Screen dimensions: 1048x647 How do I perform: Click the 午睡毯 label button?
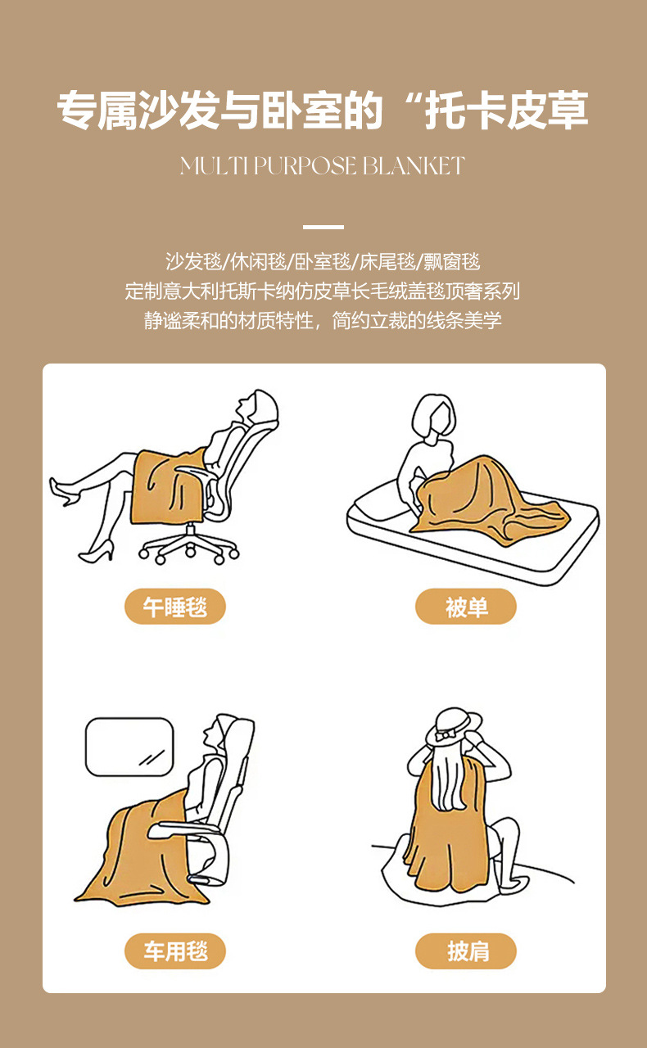(174, 607)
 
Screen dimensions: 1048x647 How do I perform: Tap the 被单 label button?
(466, 607)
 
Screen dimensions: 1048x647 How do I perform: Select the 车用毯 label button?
(174, 951)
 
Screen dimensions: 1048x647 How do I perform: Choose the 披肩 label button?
(466, 951)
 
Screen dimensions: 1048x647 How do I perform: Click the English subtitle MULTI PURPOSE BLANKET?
(323, 166)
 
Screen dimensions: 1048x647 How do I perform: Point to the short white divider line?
(323, 227)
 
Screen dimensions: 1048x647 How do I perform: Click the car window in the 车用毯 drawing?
(129, 747)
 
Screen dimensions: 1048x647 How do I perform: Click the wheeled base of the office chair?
(189, 547)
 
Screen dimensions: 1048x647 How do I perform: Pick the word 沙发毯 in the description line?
(194, 262)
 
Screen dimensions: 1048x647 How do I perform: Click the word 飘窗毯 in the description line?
(451, 262)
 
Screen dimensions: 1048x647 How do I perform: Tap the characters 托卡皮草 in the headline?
(506, 111)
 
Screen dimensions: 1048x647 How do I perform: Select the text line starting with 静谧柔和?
(323, 320)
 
